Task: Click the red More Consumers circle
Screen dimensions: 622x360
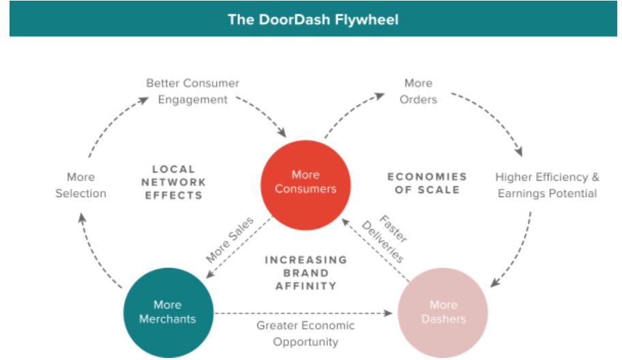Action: [306, 185]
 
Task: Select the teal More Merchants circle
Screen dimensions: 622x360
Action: [168, 312]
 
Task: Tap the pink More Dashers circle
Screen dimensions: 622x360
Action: [443, 312]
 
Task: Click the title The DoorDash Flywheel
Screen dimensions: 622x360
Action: [313, 19]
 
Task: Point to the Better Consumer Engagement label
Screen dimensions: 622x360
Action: [193, 91]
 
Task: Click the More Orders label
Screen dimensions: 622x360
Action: [418, 91]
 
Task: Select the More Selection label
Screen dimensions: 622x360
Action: [81, 185]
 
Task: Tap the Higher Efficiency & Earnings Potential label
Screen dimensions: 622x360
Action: [547, 185]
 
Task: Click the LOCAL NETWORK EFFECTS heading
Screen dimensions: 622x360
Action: [174, 182]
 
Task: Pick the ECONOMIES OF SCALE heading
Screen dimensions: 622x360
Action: [427, 183]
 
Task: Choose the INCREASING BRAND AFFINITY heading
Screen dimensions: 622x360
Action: [306, 273]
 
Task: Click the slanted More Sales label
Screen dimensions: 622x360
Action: [230, 239]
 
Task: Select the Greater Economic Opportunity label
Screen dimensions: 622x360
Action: [306, 333]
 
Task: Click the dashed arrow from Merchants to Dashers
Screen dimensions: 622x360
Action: [303, 313]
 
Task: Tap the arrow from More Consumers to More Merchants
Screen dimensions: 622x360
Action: [239, 247]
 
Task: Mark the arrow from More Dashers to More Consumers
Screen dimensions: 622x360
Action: [375, 250]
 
